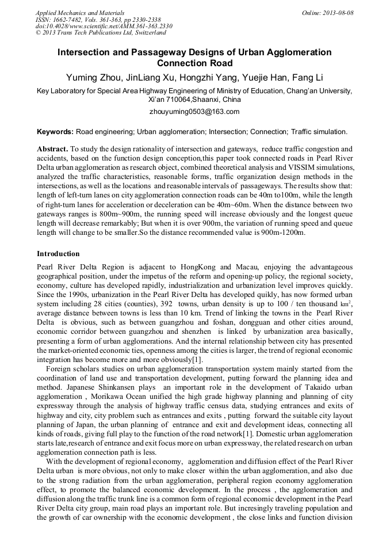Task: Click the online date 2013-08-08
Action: [334, 12]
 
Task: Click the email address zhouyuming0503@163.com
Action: [194, 112]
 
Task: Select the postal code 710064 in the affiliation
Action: [179, 100]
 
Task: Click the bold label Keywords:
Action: [56, 132]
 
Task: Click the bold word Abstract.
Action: [52, 149]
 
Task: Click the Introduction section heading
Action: [58, 254]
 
